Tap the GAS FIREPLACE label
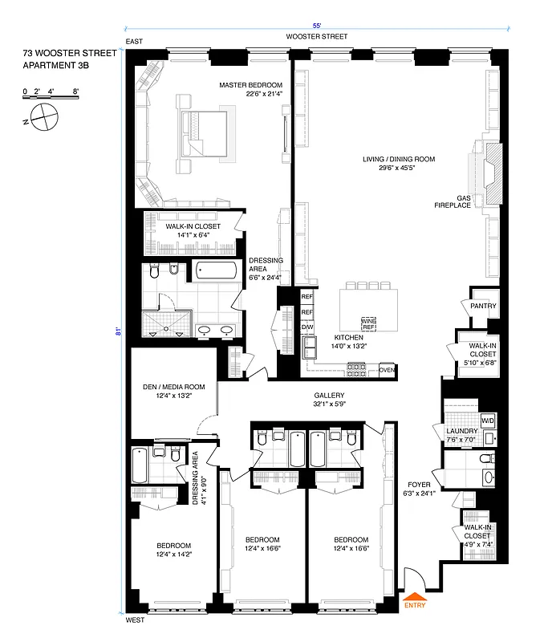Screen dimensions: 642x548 tap(470, 202)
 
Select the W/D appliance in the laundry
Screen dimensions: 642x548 tap(487, 421)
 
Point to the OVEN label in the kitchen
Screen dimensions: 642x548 tap(387, 370)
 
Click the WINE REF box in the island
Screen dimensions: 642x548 tap(368, 324)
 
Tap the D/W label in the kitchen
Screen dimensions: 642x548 tap(306, 327)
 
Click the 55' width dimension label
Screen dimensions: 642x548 tap(319, 25)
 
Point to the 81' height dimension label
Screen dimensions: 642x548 tap(118, 330)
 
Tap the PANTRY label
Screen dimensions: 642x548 tap(483, 306)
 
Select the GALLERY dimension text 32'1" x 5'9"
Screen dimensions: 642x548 tap(329, 405)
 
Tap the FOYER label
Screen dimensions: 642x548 tap(419, 485)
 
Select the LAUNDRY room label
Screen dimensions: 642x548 tap(461, 432)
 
